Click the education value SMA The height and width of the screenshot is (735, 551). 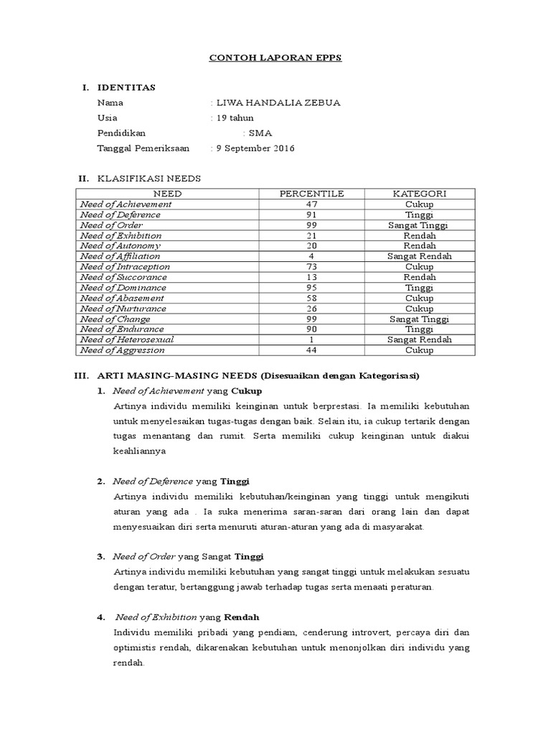[x=257, y=134]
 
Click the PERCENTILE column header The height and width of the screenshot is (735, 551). [x=311, y=194]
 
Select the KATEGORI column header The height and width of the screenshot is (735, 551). [x=420, y=194]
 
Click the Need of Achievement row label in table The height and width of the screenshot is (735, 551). [x=126, y=205]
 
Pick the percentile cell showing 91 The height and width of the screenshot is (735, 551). [x=311, y=215]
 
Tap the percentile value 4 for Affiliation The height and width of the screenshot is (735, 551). [x=311, y=256]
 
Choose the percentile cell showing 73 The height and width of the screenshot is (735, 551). [x=311, y=267]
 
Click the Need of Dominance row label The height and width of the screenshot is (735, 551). [x=123, y=288]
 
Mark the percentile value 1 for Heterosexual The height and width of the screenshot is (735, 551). [x=311, y=340]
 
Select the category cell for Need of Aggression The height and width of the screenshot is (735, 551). [x=420, y=350]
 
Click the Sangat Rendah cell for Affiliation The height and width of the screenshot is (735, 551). [x=420, y=256]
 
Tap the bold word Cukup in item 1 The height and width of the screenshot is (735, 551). [x=247, y=391]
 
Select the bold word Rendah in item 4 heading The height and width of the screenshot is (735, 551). [x=242, y=617]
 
